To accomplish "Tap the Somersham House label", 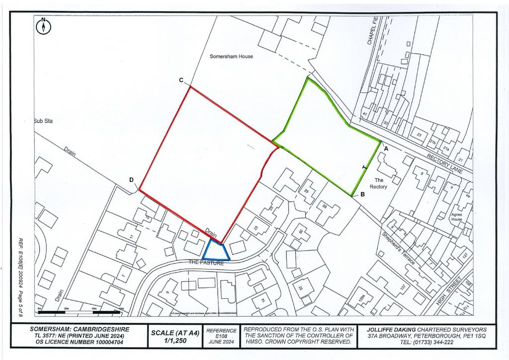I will [x=231, y=57].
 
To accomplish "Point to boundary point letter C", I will [x=181, y=80].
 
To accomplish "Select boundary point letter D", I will [x=132, y=180].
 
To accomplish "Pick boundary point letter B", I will [x=363, y=195].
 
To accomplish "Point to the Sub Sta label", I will [x=43, y=121].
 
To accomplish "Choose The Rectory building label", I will [x=381, y=183].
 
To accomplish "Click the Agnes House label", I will [x=456, y=217].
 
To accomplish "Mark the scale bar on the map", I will [x=80, y=312].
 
